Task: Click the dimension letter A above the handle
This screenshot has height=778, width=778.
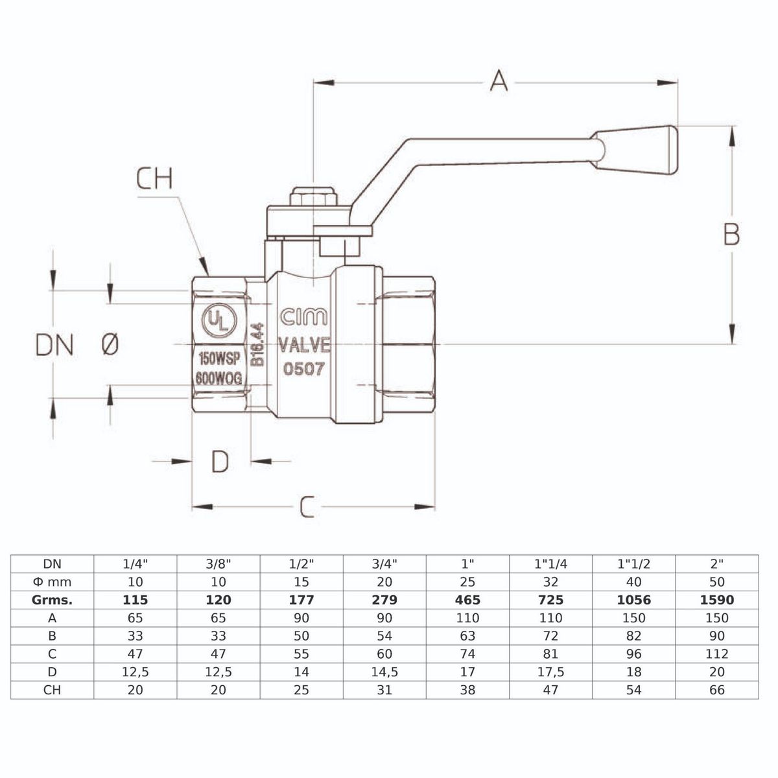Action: coord(498,81)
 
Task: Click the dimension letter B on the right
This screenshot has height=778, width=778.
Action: coord(731,235)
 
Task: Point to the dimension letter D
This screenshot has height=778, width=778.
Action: coord(220,462)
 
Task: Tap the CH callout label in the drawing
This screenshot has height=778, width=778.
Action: coord(155,179)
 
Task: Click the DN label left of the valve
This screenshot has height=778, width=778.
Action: coord(54,346)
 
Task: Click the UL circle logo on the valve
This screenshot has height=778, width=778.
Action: coord(217,320)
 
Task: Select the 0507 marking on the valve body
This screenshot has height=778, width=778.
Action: coord(304,368)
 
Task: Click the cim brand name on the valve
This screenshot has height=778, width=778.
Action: coord(303,318)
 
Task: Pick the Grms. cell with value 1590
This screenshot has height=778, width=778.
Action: coord(717,600)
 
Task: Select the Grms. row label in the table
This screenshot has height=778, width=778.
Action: coord(53,600)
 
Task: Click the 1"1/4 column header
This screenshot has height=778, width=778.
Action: coord(550,564)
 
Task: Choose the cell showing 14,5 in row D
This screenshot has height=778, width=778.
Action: coord(384,672)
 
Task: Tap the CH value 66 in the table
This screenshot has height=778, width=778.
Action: coord(717,690)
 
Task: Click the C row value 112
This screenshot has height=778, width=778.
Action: coord(717,654)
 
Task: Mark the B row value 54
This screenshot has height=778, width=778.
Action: coord(384,636)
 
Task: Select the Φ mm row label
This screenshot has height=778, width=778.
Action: coord(53,582)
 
